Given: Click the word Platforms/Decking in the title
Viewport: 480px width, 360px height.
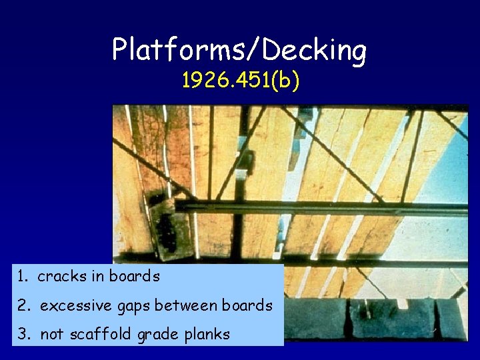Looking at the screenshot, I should tap(239, 50).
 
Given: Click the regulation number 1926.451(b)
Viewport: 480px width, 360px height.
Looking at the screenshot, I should tap(240, 81).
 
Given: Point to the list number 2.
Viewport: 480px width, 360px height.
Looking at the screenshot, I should tap(23, 306).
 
